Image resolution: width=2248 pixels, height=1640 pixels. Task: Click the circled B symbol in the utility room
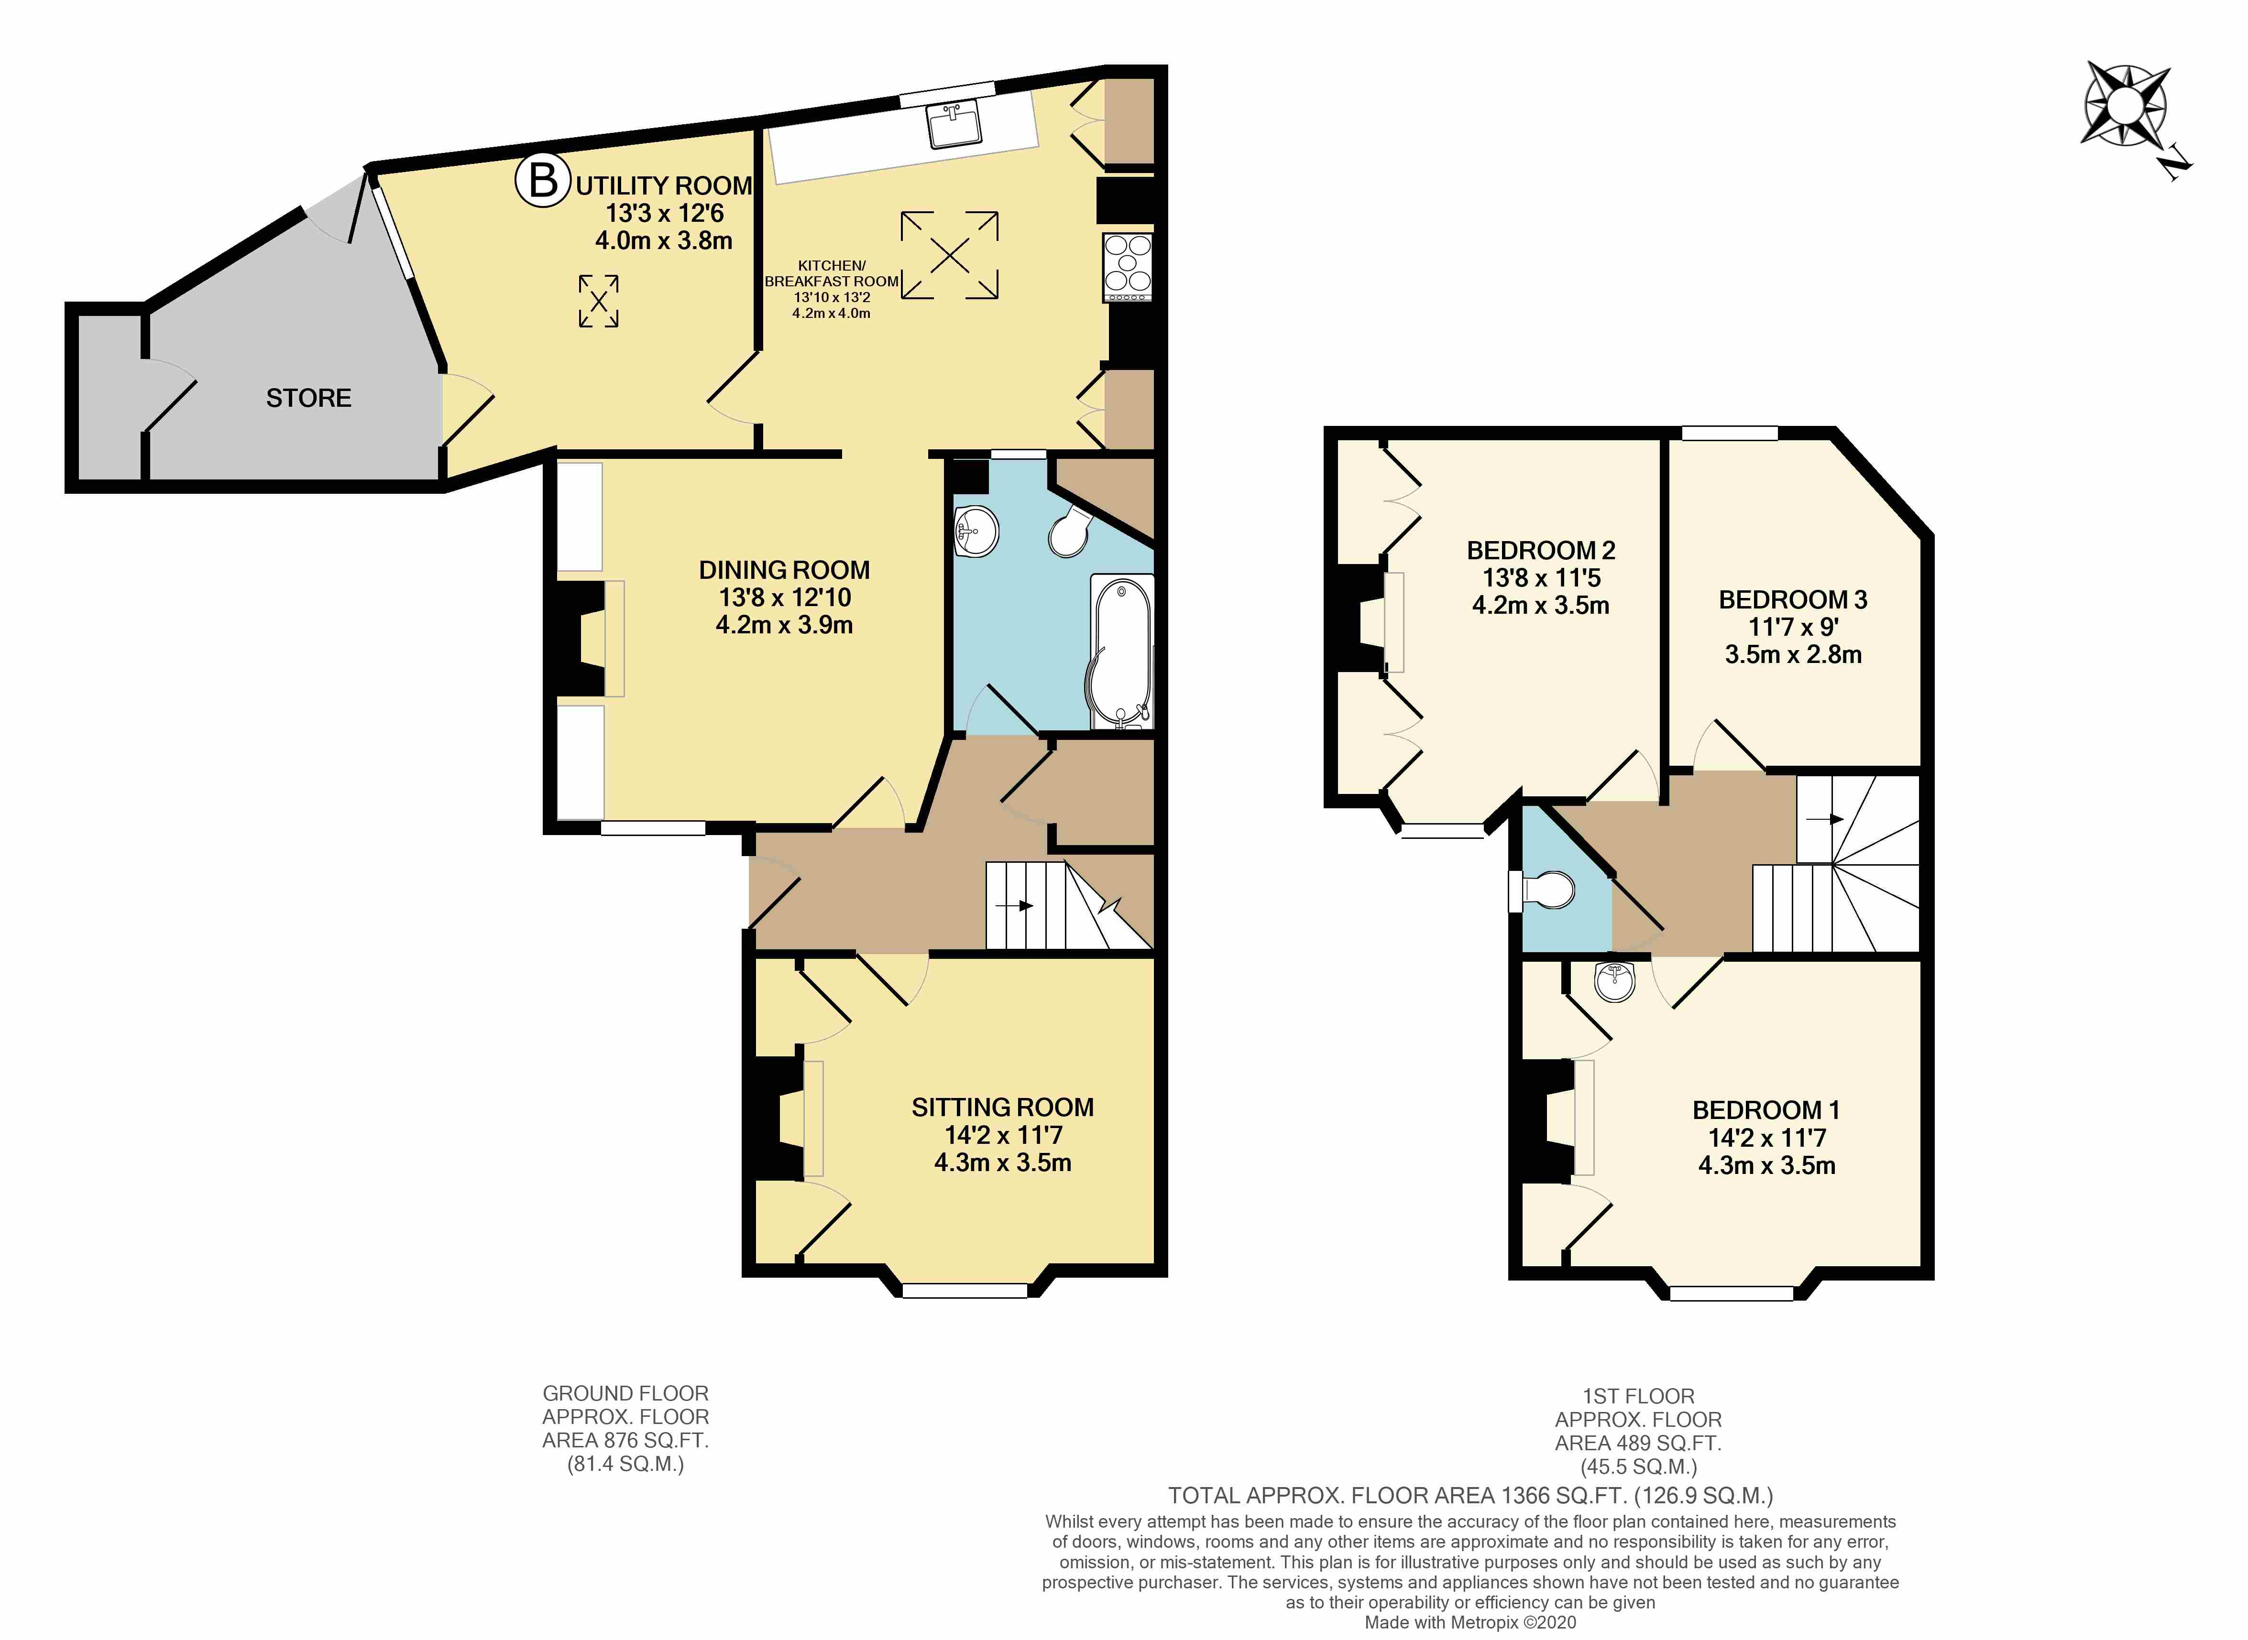click(542, 181)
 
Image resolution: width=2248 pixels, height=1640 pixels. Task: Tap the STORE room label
click(309, 398)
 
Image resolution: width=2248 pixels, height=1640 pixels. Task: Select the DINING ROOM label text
click(784, 570)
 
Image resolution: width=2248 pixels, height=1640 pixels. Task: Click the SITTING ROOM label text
click(1003, 1107)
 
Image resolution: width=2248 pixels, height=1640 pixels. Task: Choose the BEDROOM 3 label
click(1793, 599)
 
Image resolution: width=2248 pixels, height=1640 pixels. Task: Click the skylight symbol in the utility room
click(599, 301)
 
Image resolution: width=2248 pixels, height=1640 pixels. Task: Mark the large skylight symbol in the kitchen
click(949, 255)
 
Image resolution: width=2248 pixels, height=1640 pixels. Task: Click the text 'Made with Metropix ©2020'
click(1469, 1622)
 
